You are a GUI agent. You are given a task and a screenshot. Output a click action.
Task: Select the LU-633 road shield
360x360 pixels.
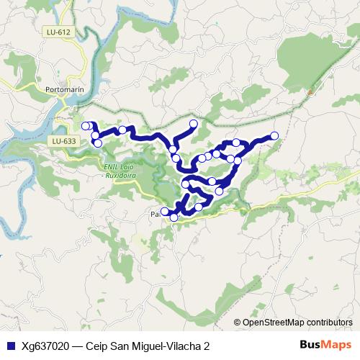(64, 141)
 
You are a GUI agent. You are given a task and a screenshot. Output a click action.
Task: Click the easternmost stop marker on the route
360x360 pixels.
(274, 135)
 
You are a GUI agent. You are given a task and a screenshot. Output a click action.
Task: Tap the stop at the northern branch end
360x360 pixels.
(193, 124)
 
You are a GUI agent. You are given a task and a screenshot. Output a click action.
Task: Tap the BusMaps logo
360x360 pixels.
(325, 345)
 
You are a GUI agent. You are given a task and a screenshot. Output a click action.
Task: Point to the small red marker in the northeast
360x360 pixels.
(310, 92)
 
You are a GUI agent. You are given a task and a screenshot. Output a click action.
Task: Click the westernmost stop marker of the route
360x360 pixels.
(86, 126)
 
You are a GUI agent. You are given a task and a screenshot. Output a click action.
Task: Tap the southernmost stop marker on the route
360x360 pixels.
(174, 217)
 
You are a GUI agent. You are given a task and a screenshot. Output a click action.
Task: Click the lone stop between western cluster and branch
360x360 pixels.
(122, 130)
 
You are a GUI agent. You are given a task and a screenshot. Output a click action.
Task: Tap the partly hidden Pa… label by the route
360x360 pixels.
(155, 214)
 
